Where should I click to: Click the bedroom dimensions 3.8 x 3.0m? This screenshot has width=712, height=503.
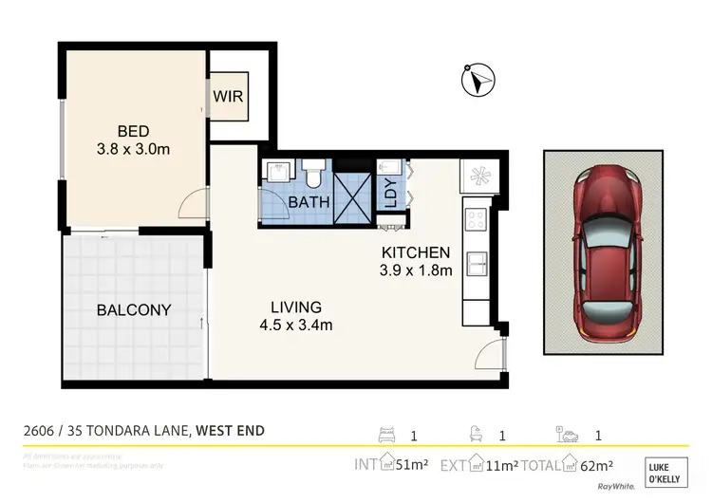tap(134, 149)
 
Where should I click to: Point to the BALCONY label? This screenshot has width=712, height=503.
tap(134, 309)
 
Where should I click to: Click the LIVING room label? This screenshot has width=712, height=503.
tap(295, 307)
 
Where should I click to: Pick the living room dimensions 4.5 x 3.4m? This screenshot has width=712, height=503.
tap(295, 326)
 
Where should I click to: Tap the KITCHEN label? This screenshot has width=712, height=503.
tap(415, 253)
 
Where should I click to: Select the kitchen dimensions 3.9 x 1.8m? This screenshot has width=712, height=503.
tap(415, 271)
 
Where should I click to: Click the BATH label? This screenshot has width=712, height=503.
tap(309, 201)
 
